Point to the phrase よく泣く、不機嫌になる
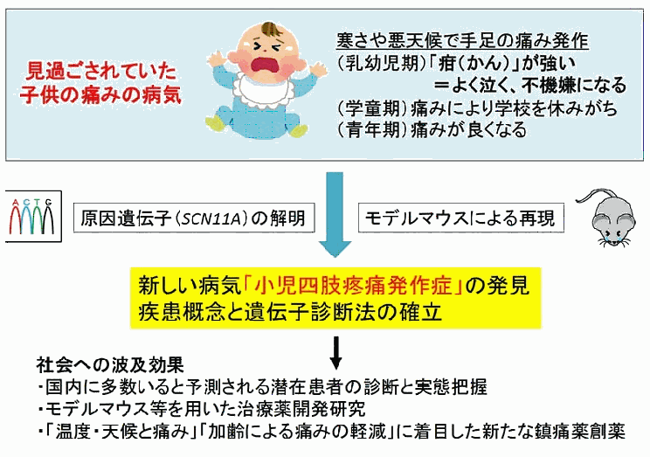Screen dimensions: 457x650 [x=538, y=85]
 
